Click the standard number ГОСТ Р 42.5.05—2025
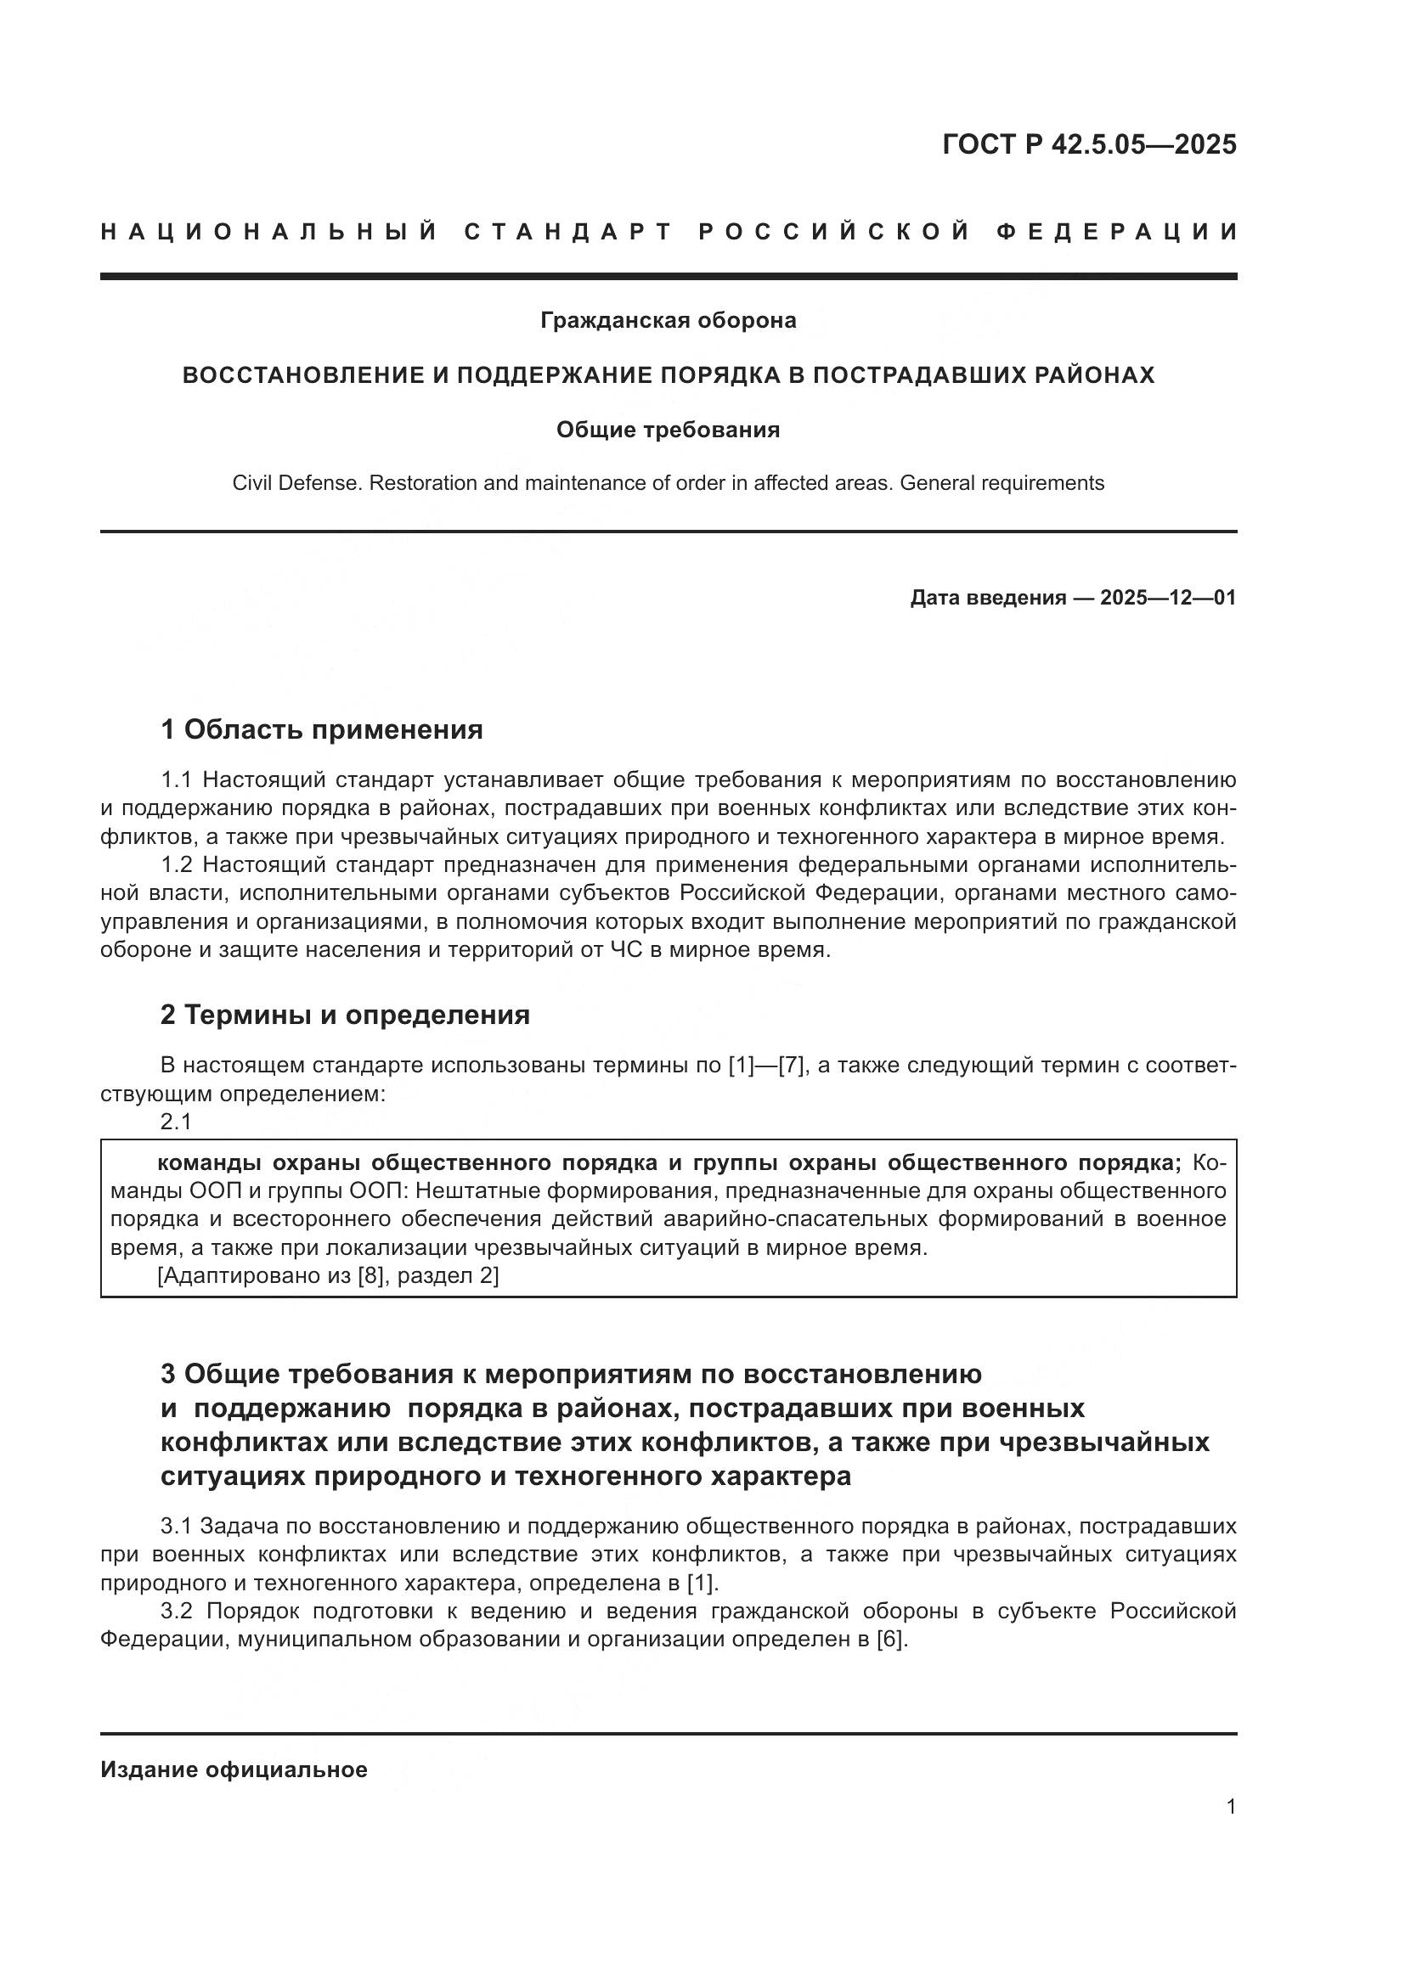point(1089,144)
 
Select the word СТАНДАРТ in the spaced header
point(567,232)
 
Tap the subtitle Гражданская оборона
point(668,320)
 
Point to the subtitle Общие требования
point(668,430)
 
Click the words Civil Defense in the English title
point(295,482)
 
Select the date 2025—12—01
point(1168,598)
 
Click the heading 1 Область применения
point(322,729)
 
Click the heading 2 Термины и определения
point(345,1014)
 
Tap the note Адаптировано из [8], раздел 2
point(328,1276)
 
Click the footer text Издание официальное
point(234,1769)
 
